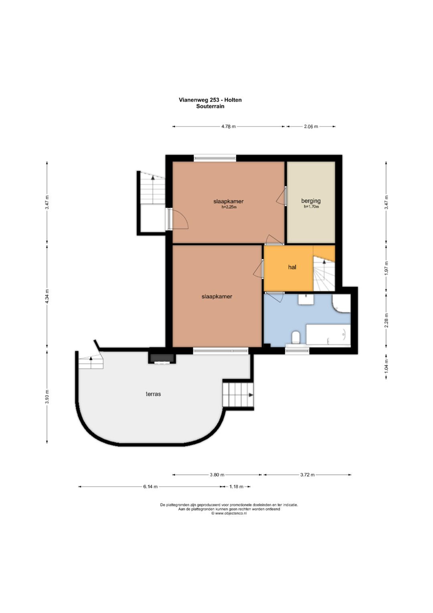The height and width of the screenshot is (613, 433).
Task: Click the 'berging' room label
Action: [311, 201]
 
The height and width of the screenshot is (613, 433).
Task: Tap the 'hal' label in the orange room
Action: [292, 267]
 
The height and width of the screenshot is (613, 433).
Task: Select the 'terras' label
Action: [153, 394]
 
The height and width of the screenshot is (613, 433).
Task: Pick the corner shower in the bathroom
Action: [341, 303]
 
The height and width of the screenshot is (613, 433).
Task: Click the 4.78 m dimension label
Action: [228, 126]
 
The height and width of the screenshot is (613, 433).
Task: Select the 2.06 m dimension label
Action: [311, 126]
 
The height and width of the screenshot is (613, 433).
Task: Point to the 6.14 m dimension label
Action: [150, 487]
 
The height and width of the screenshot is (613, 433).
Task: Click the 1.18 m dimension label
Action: [236, 487]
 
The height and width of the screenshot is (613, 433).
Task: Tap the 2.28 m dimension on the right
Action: [386, 320]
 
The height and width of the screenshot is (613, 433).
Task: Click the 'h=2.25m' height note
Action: [229, 207]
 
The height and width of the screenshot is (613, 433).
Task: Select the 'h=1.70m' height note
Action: [312, 207]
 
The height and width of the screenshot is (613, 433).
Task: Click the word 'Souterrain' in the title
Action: [210, 106]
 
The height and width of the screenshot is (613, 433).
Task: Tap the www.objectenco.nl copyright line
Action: [229, 513]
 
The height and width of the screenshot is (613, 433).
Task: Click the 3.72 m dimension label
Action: [307, 475]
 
